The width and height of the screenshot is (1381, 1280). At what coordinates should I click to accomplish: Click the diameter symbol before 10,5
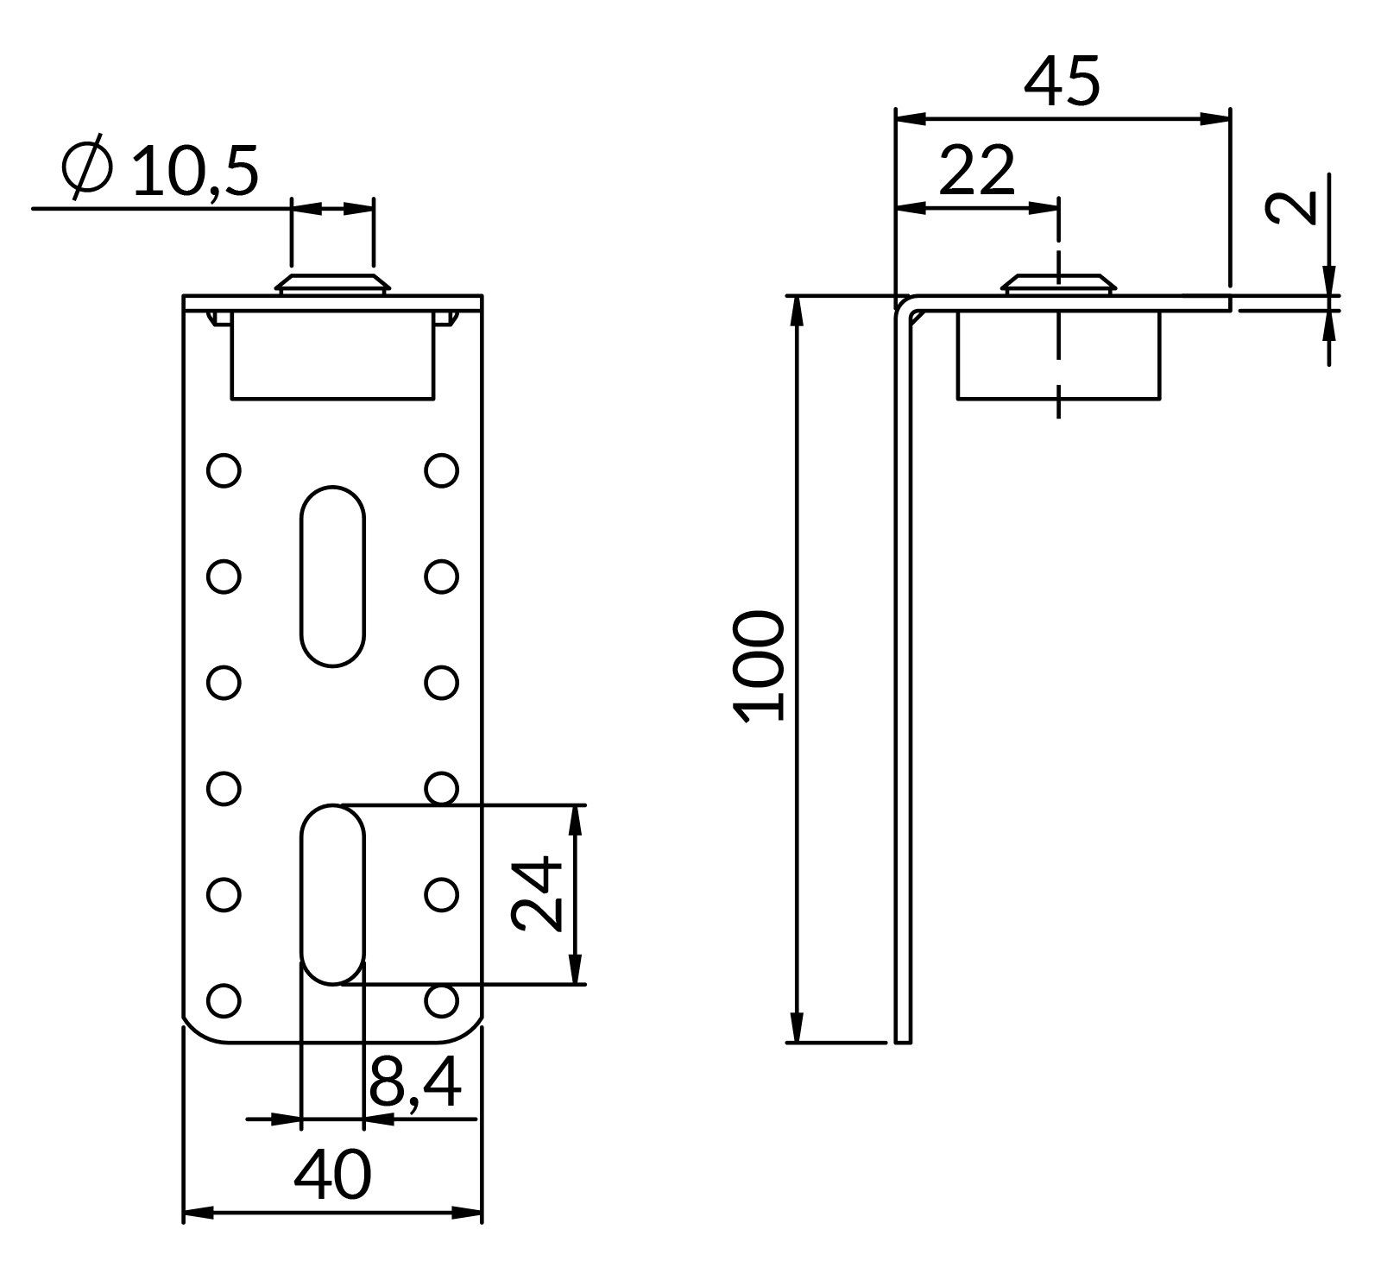click(x=87, y=167)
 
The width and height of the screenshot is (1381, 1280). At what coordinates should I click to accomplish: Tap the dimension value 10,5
click(x=196, y=170)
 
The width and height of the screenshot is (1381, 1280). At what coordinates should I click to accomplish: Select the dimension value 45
click(x=1062, y=82)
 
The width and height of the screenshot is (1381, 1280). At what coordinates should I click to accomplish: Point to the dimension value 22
click(x=976, y=170)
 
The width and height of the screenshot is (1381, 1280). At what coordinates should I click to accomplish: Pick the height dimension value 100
click(x=760, y=665)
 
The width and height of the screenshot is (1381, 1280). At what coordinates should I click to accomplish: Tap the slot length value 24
click(x=537, y=894)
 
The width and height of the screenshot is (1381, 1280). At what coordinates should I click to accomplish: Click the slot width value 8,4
click(x=415, y=1082)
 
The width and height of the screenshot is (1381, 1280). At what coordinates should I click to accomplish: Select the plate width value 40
click(x=332, y=1175)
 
